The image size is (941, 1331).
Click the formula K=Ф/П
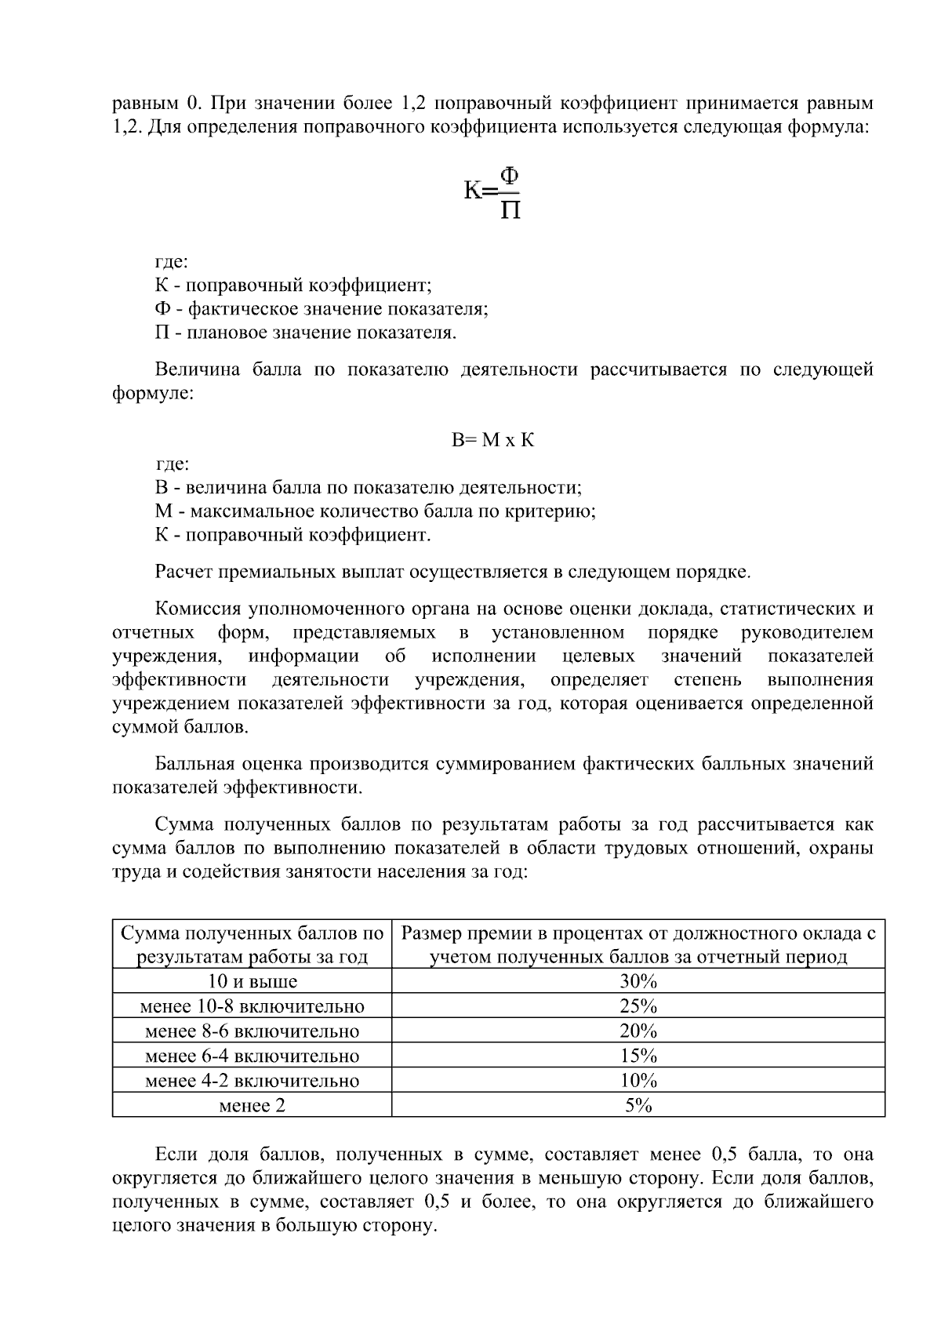(x=492, y=191)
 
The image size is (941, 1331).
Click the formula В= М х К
(x=492, y=440)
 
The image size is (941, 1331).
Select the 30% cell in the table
(x=638, y=981)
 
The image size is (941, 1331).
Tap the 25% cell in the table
(x=638, y=1006)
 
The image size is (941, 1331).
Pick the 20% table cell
(x=638, y=1031)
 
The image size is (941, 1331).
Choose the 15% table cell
(x=638, y=1056)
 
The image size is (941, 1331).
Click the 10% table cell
(x=638, y=1081)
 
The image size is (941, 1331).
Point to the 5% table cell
(x=638, y=1105)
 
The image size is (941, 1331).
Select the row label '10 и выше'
(x=252, y=981)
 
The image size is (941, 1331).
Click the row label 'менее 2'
(x=252, y=1105)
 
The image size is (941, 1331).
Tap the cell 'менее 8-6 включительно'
(x=252, y=1031)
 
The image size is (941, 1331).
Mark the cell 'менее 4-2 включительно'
(x=252, y=1081)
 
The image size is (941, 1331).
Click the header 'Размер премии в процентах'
(x=638, y=933)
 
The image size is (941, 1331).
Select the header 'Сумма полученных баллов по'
(x=252, y=933)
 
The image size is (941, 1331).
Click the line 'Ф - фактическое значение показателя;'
(x=322, y=309)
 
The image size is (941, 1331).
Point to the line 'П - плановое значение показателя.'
(x=306, y=333)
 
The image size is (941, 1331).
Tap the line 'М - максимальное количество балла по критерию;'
(x=376, y=511)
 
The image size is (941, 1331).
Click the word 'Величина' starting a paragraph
(x=197, y=369)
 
